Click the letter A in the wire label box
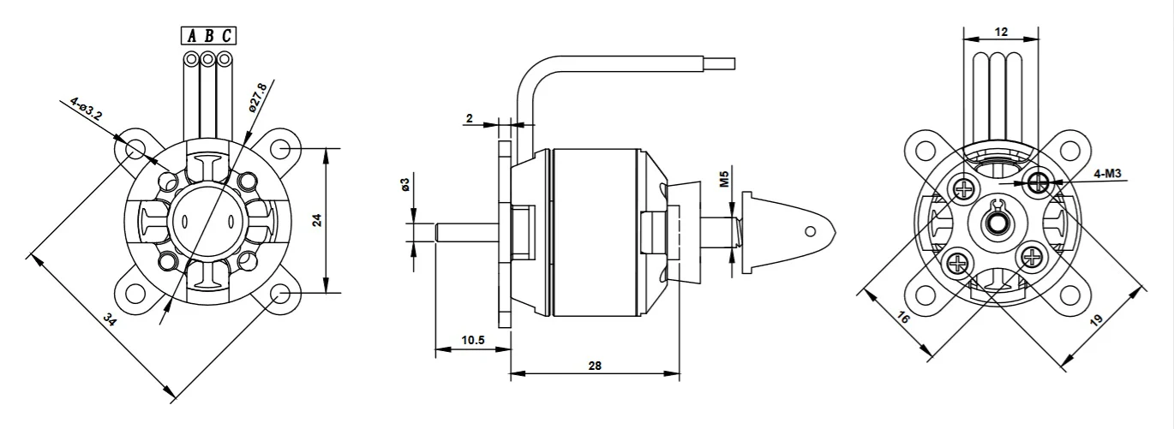click(192, 36)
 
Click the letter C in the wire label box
click(226, 36)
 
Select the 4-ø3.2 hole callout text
click(86, 110)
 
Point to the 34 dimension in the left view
click(109, 319)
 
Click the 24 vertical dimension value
click(317, 220)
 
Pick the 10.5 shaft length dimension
click(473, 340)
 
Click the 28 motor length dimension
click(595, 366)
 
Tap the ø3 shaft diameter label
click(405, 184)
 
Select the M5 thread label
click(724, 179)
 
